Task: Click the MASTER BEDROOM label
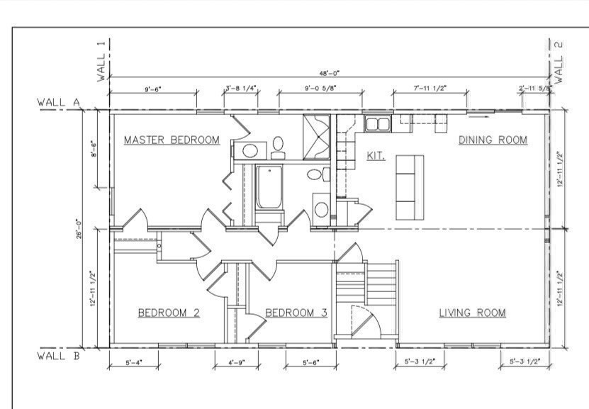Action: [172, 140]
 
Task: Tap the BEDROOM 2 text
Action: [169, 313]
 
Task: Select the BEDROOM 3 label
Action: [296, 313]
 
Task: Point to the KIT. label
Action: [376, 155]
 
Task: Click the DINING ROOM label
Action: [493, 140]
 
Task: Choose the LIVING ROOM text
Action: [471, 313]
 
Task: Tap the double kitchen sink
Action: [377, 124]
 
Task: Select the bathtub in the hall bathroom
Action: [269, 187]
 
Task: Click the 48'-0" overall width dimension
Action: [330, 72]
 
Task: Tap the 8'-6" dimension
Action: [94, 150]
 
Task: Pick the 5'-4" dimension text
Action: [133, 362]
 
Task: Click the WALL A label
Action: [58, 103]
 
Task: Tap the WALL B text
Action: [58, 356]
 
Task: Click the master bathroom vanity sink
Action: [249, 150]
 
